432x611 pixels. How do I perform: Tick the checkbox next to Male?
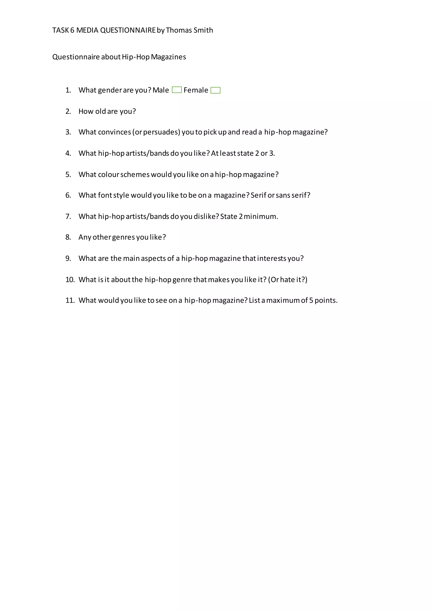click(177, 90)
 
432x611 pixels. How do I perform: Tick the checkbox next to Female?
click(215, 90)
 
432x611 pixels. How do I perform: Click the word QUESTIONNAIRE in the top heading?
click(128, 30)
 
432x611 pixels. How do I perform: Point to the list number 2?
click(68, 111)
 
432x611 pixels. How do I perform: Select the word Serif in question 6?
click(258, 195)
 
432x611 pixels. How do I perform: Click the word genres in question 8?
click(123, 237)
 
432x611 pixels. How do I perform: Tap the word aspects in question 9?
click(153, 258)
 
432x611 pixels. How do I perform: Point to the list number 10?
click(70, 280)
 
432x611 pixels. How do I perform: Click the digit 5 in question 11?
click(311, 300)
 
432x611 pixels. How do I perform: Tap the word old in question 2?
click(101, 111)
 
